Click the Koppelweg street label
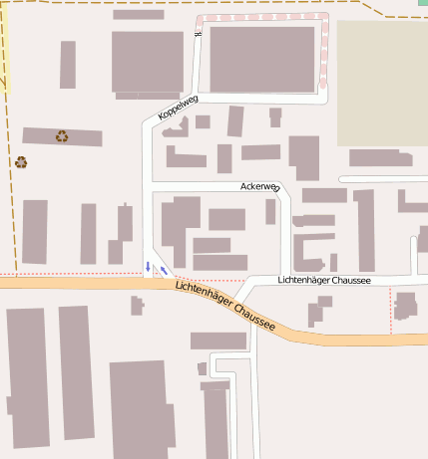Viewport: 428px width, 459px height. tap(179, 108)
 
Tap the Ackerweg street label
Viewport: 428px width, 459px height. tap(259, 186)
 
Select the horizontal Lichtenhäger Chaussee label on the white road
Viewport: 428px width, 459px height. tap(324, 281)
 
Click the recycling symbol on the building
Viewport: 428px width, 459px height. tap(62, 135)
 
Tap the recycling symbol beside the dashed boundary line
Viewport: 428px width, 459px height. tap(21, 161)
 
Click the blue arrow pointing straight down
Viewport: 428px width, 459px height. tap(149, 266)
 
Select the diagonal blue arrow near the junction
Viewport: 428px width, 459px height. tap(164, 270)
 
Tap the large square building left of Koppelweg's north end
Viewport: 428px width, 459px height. tap(147, 62)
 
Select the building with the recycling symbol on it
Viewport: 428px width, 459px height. tap(62, 136)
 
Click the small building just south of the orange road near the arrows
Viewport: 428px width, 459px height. tap(137, 305)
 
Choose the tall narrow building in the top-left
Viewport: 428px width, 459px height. tap(68, 65)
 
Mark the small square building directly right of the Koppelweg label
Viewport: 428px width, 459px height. tap(203, 121)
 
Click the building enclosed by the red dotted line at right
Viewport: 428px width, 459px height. tap(405, 305)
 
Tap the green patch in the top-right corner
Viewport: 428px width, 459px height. tap(422, 4)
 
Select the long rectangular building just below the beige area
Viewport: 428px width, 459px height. tap(380, 157)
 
